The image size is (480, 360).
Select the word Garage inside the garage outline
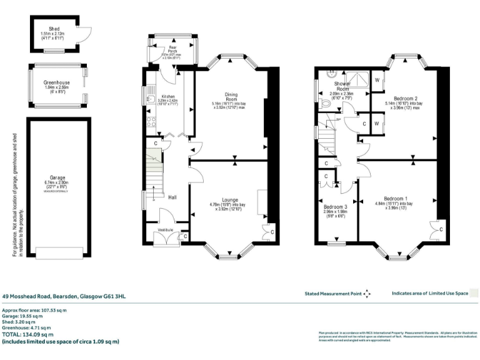click(x=58, y=177)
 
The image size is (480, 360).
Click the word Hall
click(x=171, y=197)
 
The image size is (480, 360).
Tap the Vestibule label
click(x=165, y=230)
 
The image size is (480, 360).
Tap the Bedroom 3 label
click(x=336, y=207)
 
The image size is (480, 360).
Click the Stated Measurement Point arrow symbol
click(x=367, y=293)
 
